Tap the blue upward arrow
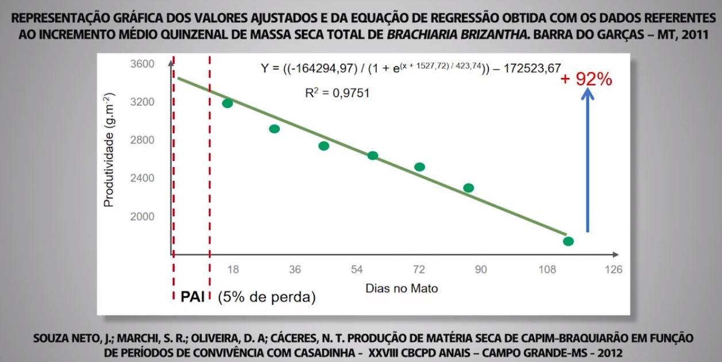click(587, 161)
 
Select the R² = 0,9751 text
click(337, 92)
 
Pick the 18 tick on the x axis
click(233, 269)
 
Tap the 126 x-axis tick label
click(613, 269)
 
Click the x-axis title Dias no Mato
click(401, 288)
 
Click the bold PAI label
click(193, 297)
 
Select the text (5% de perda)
click(267, 298)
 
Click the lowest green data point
click(568, 241)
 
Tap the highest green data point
click(227, 103)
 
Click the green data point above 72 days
click(419, 167)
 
